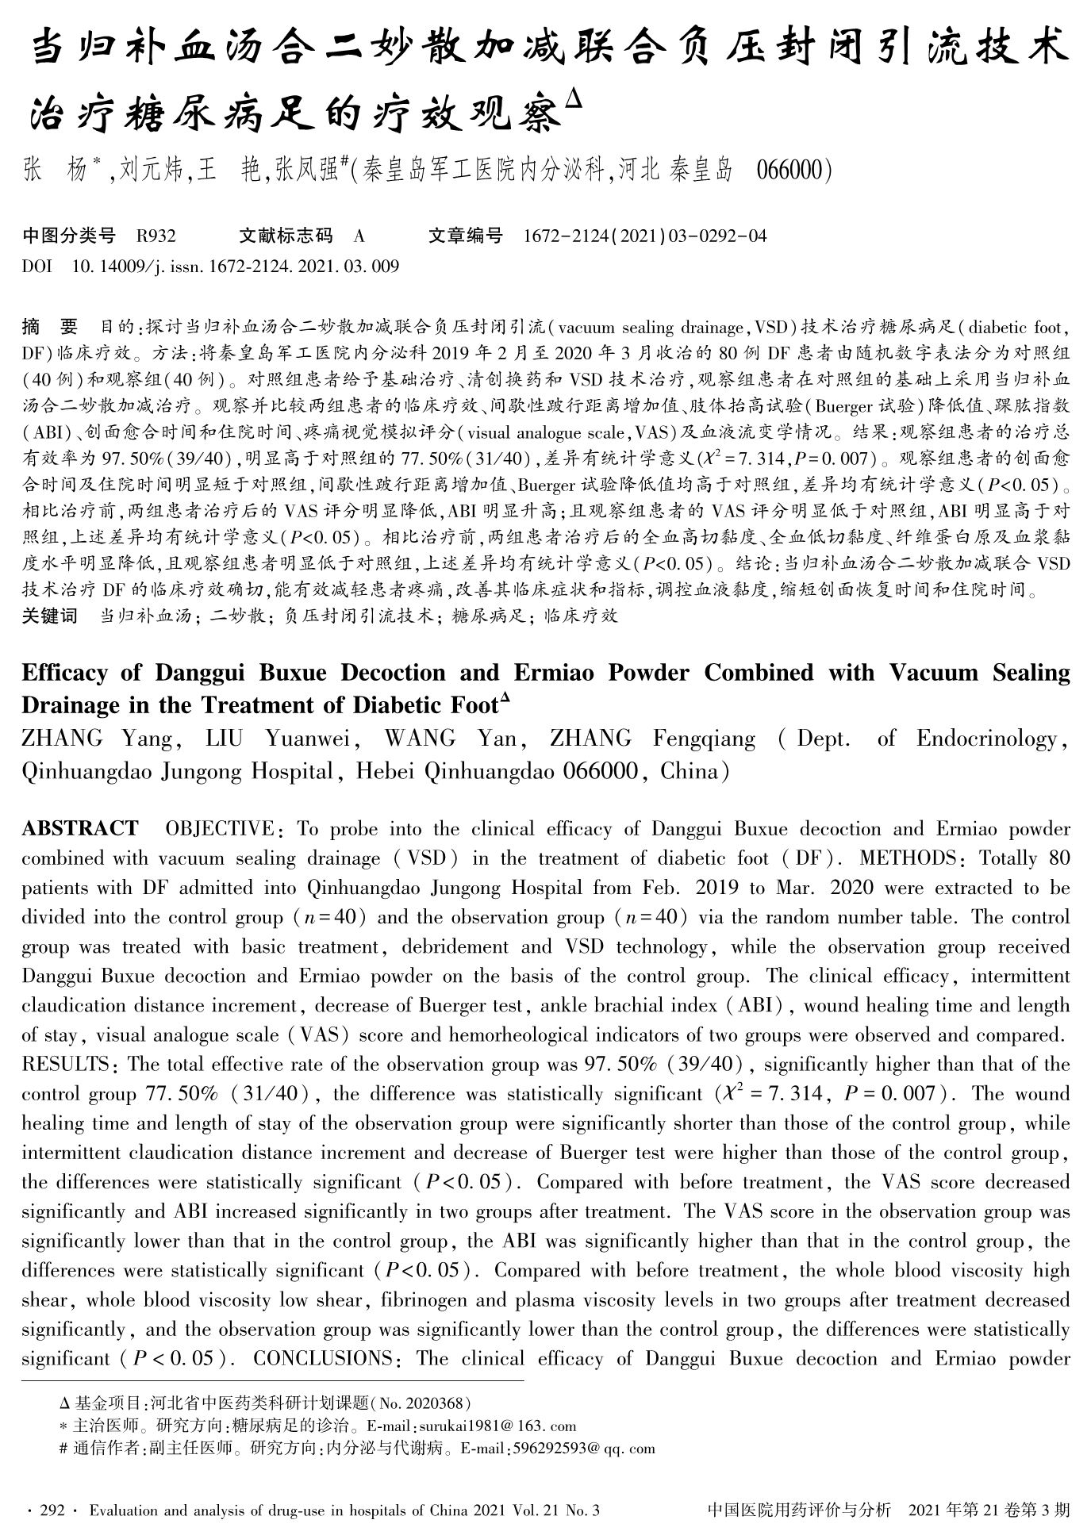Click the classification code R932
tap(156, 236)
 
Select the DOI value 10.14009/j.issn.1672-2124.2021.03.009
tap(235, 266)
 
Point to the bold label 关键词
tap(50, 616)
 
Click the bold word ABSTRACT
tap(79, 829)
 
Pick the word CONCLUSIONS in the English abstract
tap(322, 1359)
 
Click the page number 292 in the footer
tap(51, 1510)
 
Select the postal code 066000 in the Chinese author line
tap(792, 170)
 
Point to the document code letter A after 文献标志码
tap(359, 236)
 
